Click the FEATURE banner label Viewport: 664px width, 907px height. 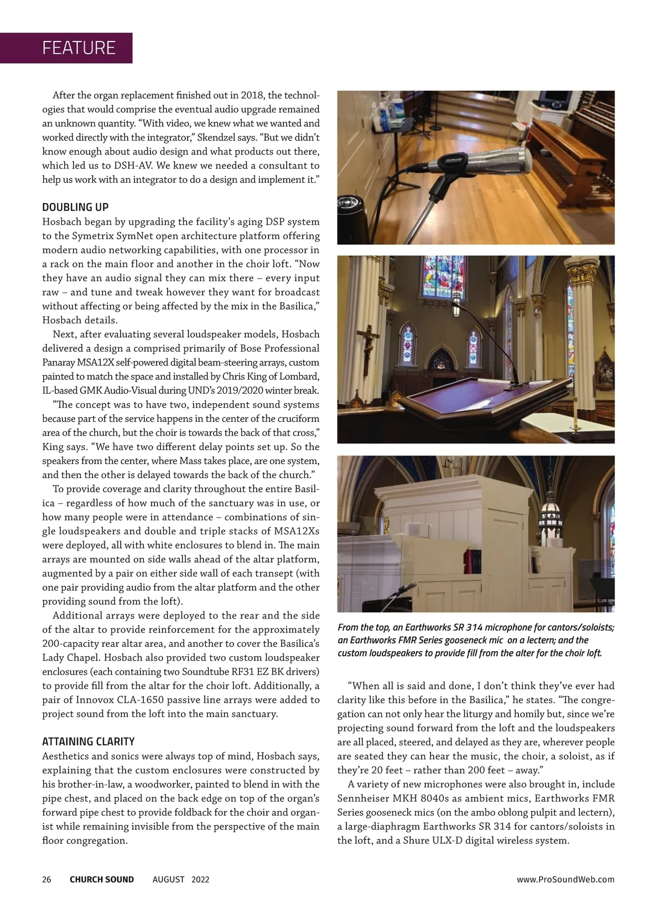[79, 48]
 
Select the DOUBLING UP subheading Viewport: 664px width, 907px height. [75, 208]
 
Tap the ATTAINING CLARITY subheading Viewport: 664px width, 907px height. [89, 742]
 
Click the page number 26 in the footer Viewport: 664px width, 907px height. [47, 879]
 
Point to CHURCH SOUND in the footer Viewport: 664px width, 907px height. [102, 879]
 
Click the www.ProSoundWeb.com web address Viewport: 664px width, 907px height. [565, 879]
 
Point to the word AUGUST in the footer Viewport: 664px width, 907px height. [169, 879]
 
